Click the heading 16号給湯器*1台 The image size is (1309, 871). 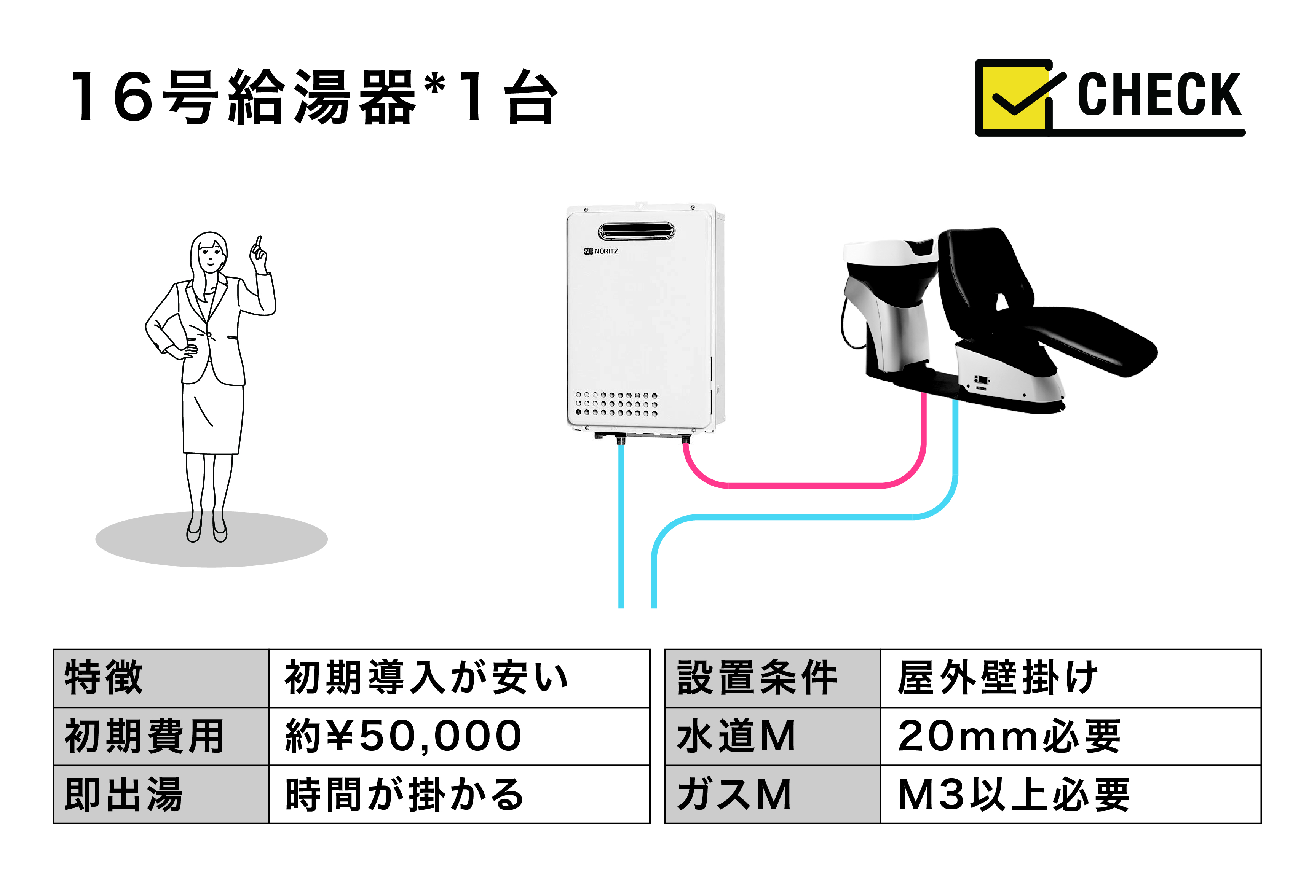coord(314,97)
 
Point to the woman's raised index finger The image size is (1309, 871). coord(259,243)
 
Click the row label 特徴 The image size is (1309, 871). coord(104,677)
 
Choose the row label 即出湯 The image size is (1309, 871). coord(123,795)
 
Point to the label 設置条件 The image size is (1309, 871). coord(757,677)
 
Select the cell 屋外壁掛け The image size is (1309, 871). coord(998,677)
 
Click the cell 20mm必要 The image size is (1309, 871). coord(1009,736)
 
